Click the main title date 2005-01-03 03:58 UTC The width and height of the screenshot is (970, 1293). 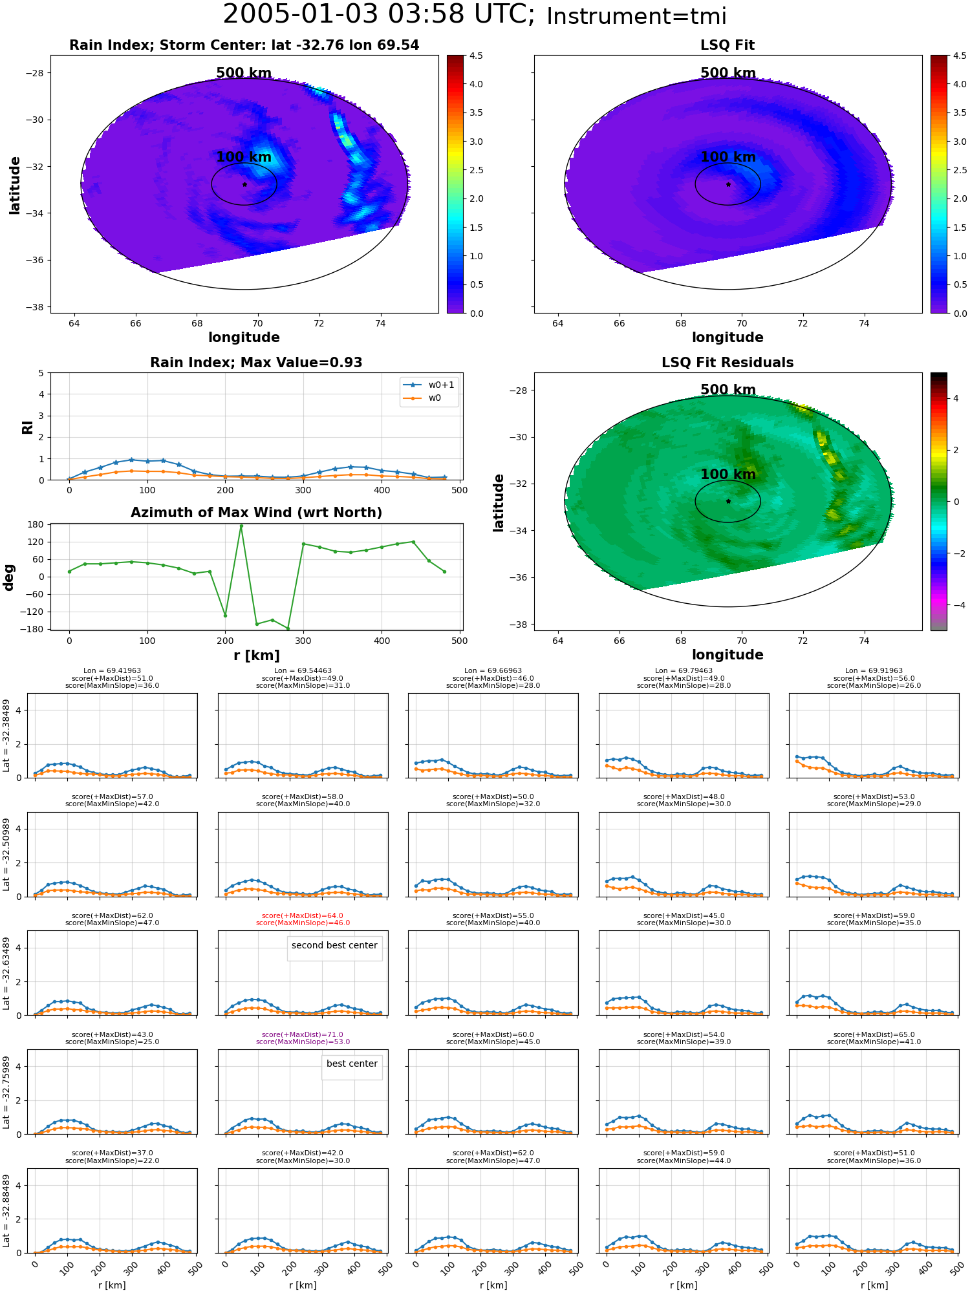point(379,14)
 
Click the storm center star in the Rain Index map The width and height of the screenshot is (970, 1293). point(244,184)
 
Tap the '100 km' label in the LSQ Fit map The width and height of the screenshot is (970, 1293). point(728,157)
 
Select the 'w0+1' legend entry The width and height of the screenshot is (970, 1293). point(429,385)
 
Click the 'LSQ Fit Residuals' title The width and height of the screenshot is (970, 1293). point(727,363)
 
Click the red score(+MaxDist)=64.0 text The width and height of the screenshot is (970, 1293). point(303,915)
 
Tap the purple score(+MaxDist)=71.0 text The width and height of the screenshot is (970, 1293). point(303,1034)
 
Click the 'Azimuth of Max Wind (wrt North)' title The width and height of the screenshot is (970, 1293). point(256,513)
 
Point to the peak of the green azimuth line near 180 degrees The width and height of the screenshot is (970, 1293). point(241,526)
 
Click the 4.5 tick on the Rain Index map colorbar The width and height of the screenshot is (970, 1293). point(476,56)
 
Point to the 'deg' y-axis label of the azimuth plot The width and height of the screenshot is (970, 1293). point(9,577)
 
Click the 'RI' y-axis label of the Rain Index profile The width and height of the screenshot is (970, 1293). point(27,427)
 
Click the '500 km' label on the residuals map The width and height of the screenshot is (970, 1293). point(728,390)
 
